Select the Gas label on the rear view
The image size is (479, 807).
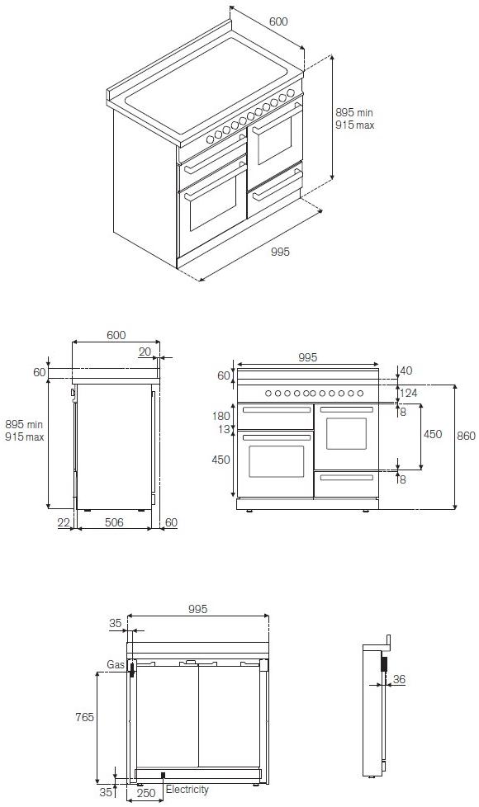pyautogui.click(x=115, y=664)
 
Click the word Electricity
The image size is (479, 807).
pyautogui.click(x=187, y=790)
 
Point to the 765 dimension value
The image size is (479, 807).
pyautogui.click(x=84, y=718)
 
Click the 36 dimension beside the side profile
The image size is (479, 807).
pyautogui.click(x=399, y=679)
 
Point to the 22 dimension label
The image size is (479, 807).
pyautogui.click(x=64, y=522)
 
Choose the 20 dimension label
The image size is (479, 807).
pyautogui.click(x=145, y=352)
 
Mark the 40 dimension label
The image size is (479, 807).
pyautogui.click(x=405, y=370)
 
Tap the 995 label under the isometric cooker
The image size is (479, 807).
pyautogui.click(x=280, y=252)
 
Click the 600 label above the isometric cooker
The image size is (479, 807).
pyautogui.click(x=278, y=21)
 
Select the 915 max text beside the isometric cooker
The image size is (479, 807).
pyautogui.click(x=355, y=125)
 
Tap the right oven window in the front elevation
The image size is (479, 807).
pyautogui.click(x=346, y=433)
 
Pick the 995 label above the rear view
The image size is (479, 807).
pyautogui.click(x=197, y=609)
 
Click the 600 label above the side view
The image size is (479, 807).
pyautogui.click(x=116, y=335)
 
